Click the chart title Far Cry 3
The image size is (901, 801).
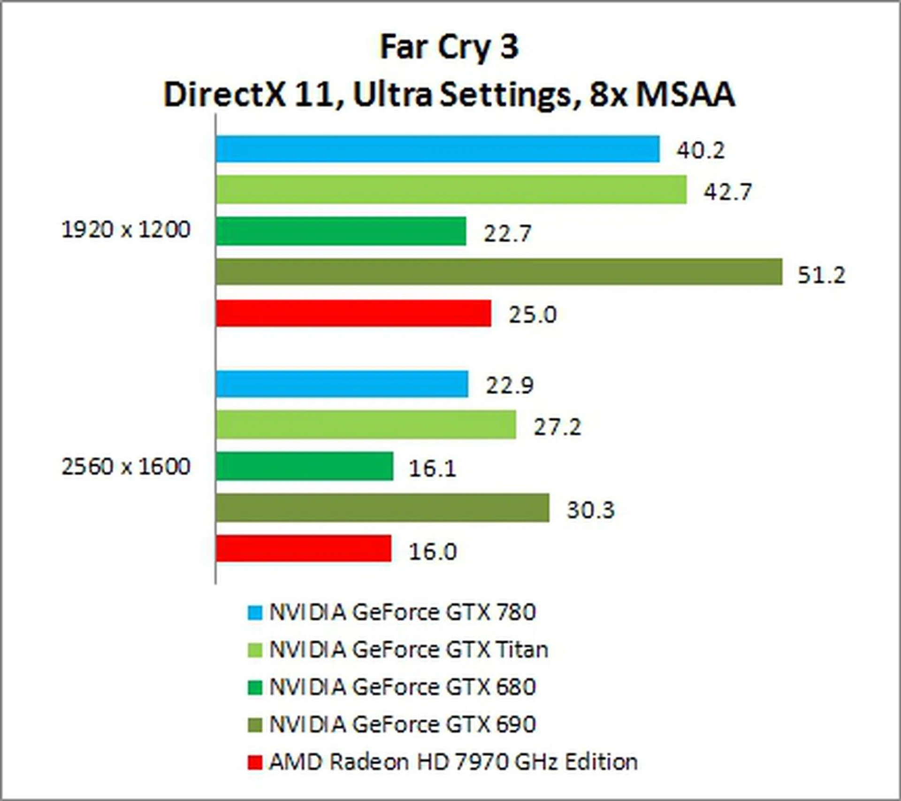point(449,47)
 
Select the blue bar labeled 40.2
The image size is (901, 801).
point(438,149)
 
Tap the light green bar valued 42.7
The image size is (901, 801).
point(451,190)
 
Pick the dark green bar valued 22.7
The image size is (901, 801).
point(341,231)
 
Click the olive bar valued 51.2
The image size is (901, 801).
point(499,271)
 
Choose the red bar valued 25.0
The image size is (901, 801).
point(353,313)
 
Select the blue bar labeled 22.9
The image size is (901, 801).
point(342,384)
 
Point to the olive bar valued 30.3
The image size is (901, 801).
point(382,508)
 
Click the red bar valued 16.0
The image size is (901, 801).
point(304,548)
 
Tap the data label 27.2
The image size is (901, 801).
point(557,427)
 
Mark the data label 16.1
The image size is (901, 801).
point(432,468)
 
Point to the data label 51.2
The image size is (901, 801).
point(821,275)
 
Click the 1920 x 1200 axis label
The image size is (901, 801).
point(126,230)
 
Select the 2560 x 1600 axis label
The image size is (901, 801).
point(126,467)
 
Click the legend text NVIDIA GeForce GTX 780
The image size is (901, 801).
point(402,612)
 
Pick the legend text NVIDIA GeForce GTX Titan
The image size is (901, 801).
point(408,650)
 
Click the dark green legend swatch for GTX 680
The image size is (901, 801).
point(255,688)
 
